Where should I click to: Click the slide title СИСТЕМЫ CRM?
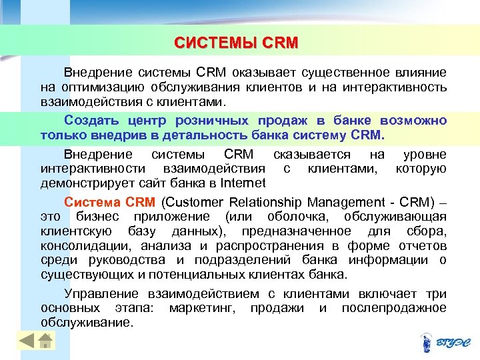(236, 43)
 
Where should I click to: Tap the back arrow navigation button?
(26, 341)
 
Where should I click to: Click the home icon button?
(45, 341)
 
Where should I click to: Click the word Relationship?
(278, 202)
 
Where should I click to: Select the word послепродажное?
(393, 307)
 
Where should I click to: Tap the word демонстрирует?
(83, 183)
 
